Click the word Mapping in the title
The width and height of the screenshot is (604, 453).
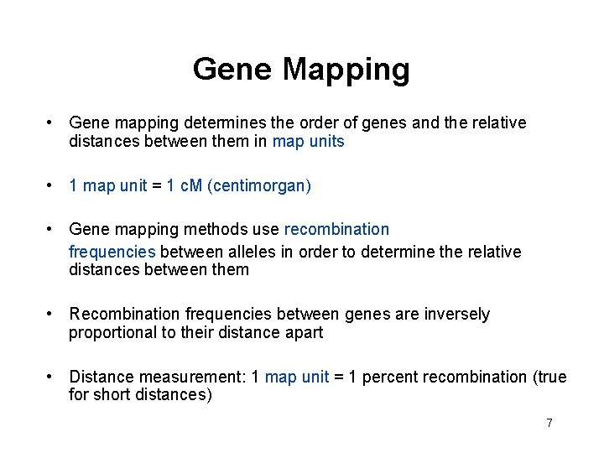coord(346,70)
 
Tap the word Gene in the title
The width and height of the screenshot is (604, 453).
coord(232,69)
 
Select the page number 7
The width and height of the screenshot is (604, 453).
coord(549,423)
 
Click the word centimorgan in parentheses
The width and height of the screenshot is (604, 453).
coord(260,185)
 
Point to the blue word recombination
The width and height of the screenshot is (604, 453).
coord(337,229)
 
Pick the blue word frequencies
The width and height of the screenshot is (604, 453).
coord(112,252)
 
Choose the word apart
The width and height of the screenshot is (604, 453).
coord(304,332)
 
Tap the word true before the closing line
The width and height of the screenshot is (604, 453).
coord(551,377)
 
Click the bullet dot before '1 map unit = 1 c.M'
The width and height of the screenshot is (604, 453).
coord(51,185)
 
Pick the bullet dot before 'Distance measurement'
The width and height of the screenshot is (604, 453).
coord(51,376)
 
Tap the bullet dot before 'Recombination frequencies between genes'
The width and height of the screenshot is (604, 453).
coord(51,313)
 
